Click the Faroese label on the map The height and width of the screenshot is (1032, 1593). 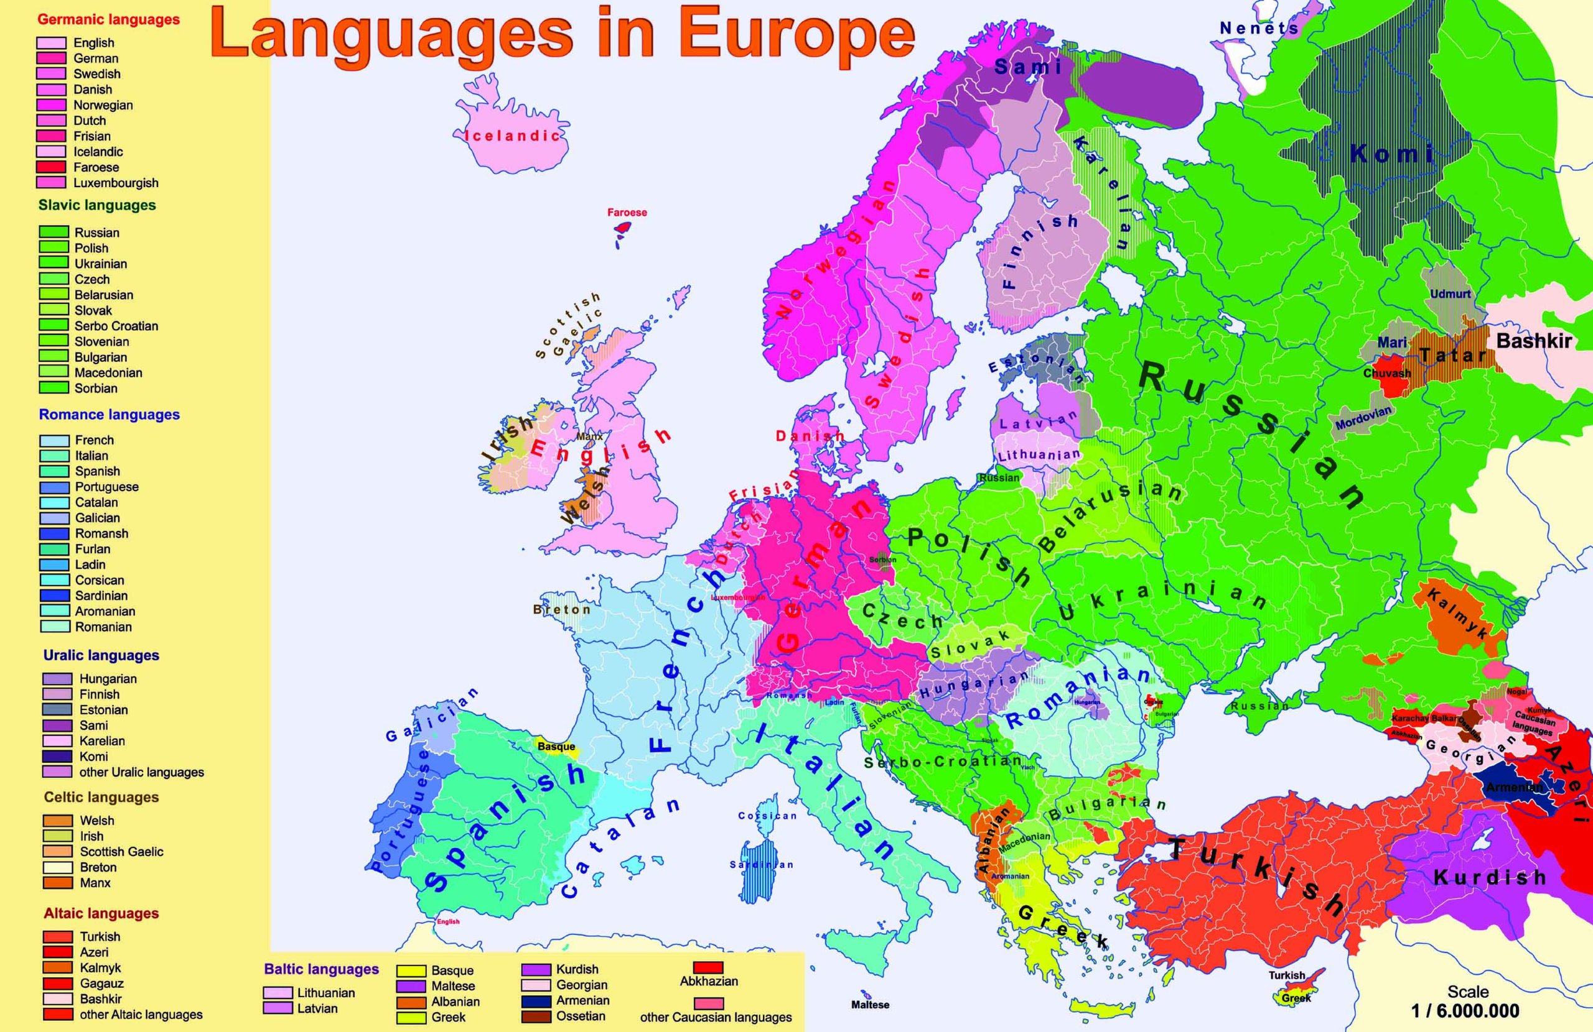coord(627,213)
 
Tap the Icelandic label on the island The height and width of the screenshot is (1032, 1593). coord(512,136)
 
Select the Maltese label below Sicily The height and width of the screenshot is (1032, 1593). coord(870,1005)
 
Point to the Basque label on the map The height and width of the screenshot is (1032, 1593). coord(556,747)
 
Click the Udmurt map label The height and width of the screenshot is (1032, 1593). coord(1451,293)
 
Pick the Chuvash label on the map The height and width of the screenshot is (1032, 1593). coord(1387,373)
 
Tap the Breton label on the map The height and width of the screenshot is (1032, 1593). coord(561,610)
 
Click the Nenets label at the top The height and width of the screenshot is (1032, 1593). coord(1258,28)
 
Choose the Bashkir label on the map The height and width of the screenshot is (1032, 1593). coord(1533,341)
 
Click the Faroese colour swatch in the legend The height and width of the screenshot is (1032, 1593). coord(51,167)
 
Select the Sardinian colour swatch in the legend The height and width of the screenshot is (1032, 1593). coord(54,595)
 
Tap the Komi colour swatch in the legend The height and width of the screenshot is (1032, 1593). coord(58,757)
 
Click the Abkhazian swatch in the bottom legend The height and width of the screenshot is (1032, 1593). coord(708,968)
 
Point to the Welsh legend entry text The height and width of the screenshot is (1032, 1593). coord(97,821)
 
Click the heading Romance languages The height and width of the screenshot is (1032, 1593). coord(109,415)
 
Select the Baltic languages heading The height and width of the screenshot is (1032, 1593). coord(321,969)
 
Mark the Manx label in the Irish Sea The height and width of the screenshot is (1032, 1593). coord(590,436)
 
